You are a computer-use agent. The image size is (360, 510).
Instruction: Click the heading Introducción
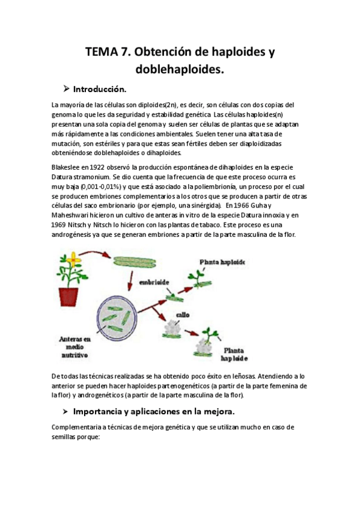pyautogui.click(x=99, y=90)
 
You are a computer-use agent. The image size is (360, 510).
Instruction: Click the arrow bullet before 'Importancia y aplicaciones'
pyautogui.click(x=64, y=412)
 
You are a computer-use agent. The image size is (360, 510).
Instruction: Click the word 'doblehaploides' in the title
pyautogui.click(x=180, y=70)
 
